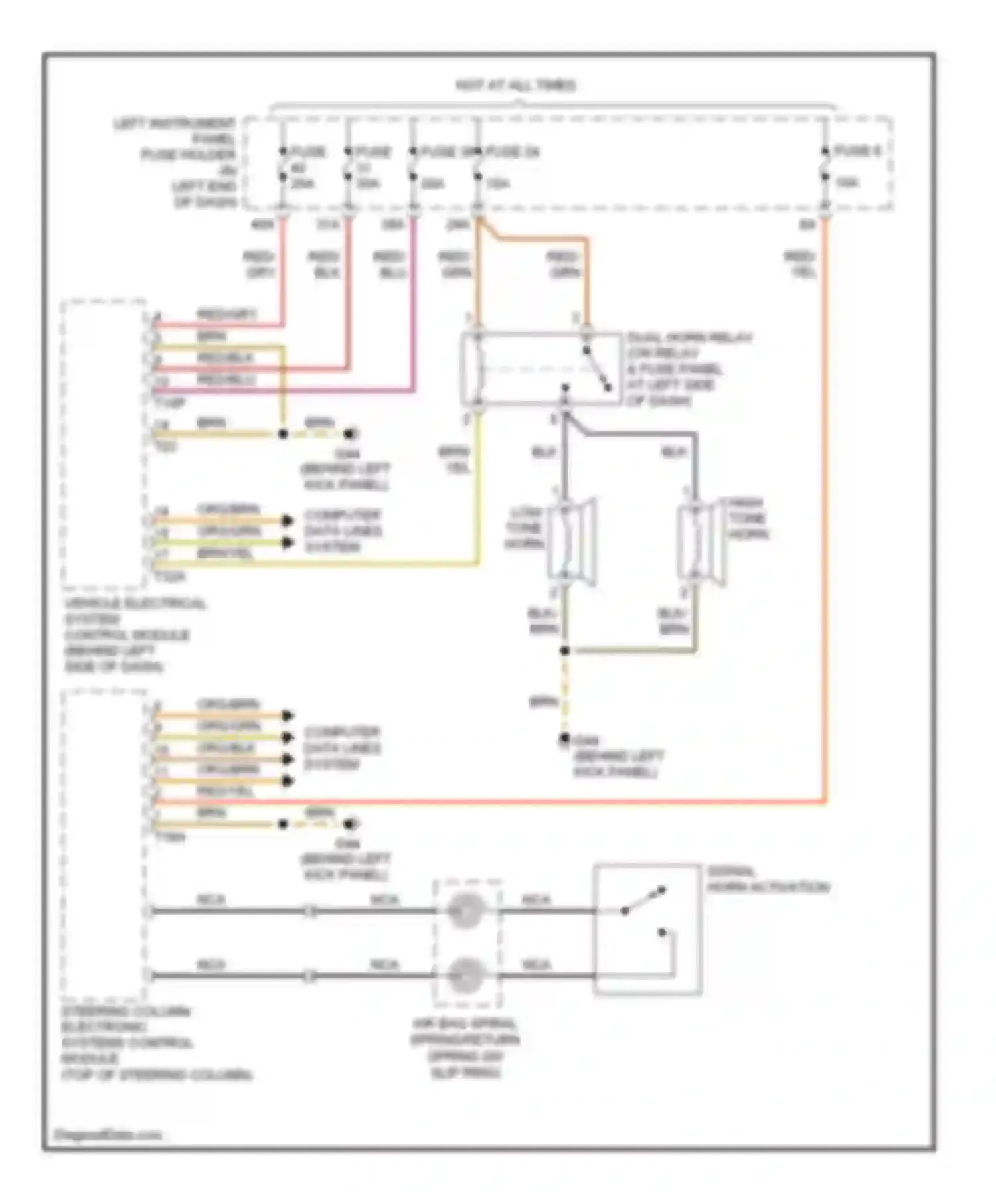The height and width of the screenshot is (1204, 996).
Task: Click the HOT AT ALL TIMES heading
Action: pos(515,85)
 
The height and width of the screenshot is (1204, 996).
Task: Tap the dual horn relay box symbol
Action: pos(541,369)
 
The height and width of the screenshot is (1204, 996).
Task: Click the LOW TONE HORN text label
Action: pos(525,528)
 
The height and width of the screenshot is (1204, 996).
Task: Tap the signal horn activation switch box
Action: pos(647,929)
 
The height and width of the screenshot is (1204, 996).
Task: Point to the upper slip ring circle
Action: pos(465,911)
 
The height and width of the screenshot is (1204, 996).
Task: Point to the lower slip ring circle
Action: pos(465,976)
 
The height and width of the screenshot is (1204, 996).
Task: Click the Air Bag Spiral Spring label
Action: pos(465,1049)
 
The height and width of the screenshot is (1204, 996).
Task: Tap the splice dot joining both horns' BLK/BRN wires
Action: pos(564,651)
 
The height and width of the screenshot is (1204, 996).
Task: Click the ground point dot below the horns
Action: pos(564,738)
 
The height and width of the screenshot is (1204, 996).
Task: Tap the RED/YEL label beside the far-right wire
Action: pos(800,264)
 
